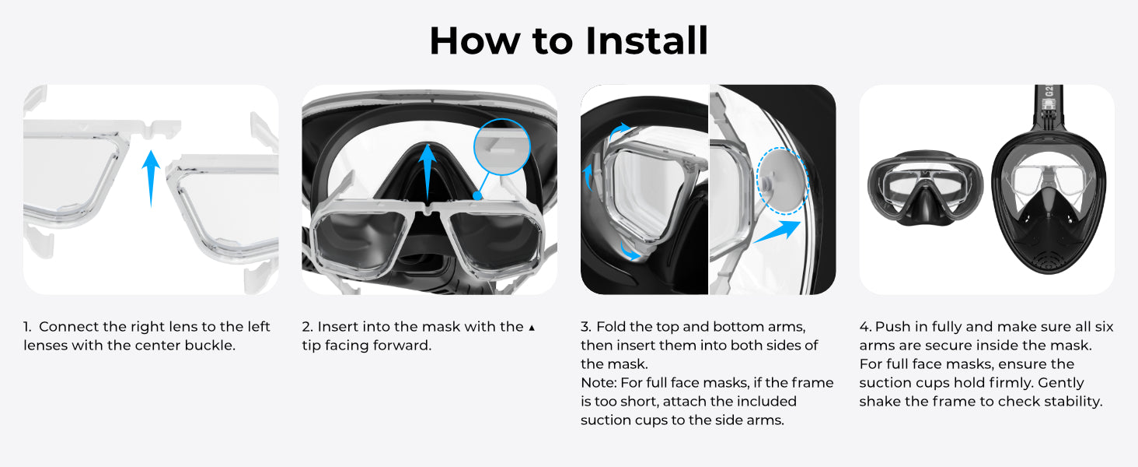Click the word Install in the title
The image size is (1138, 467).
(x=646, y=40)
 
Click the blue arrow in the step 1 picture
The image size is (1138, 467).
(x=151, y=178)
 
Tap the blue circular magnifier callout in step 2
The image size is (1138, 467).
(x=502, y=147)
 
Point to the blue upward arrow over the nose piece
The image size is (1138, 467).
(x=428, y=172)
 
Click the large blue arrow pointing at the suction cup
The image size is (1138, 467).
(x=777, y=232)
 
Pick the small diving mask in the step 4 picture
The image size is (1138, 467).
(x=925, y=188)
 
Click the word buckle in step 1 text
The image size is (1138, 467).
(x=210, y=346)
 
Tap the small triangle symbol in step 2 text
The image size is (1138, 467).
(x=532, y=328)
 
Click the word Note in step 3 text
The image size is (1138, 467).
(x=598, y=383)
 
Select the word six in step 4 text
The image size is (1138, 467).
(x=1104, y=327)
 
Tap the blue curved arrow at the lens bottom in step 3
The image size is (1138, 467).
(x=630, y=251)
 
